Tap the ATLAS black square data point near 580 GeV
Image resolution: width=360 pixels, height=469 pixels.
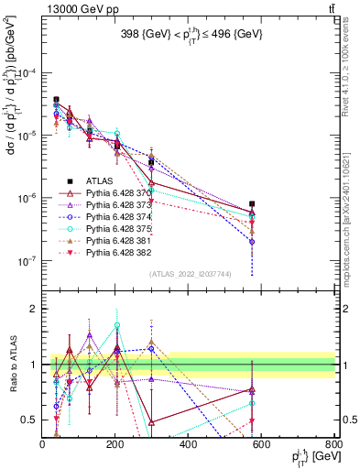point(252,204)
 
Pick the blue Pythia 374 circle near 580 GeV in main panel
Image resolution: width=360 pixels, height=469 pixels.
point(252,242)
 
